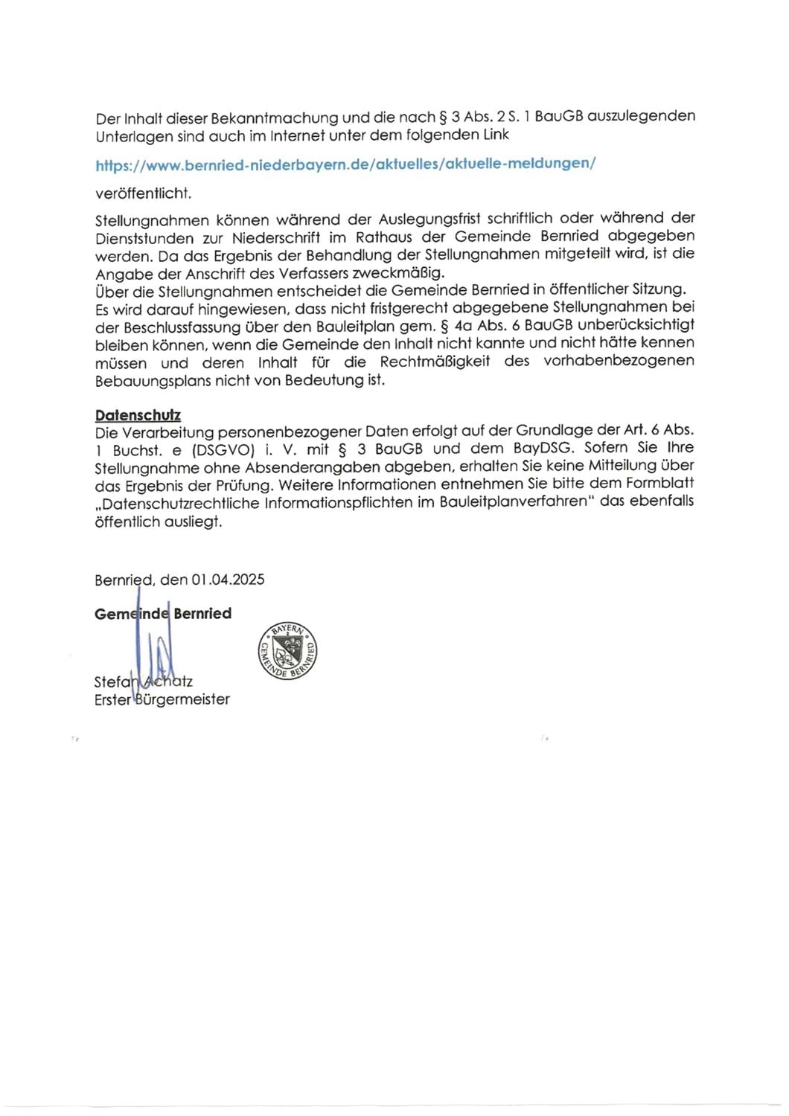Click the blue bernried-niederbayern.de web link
click(345, 164)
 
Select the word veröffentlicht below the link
click(143, 193)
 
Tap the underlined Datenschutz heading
click(138, 415)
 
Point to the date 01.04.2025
click(228, 580)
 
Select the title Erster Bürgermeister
click(162, 699)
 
